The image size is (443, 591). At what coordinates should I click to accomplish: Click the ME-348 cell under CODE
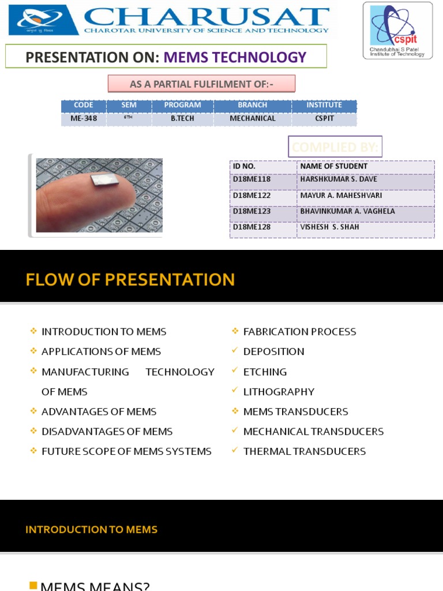pos(84,119)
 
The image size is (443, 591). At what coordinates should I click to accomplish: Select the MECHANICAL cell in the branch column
pos(253,119)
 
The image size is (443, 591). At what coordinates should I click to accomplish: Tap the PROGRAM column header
pos(182,105)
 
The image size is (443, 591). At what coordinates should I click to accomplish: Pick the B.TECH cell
pos(182,119)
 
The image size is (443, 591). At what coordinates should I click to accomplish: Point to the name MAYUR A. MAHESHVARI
pos(341,196)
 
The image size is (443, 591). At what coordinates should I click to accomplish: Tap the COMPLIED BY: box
pos(335,147)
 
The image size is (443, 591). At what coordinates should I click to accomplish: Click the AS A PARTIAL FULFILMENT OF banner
pos(201,84)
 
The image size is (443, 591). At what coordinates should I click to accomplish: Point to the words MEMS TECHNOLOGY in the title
pos(235,57)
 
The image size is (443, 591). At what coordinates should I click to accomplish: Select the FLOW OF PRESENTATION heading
pos(130,280)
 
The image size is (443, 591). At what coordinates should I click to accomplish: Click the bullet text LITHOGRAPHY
pos(279,392)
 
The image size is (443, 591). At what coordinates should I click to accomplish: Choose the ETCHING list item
pos(265,372)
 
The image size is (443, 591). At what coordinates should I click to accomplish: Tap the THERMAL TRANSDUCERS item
pos(304,451)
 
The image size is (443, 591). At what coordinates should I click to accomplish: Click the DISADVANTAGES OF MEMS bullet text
pos(107,432)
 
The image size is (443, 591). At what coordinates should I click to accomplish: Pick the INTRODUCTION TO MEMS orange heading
pos(91,529)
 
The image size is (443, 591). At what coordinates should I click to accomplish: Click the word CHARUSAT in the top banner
pos(207,17)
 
